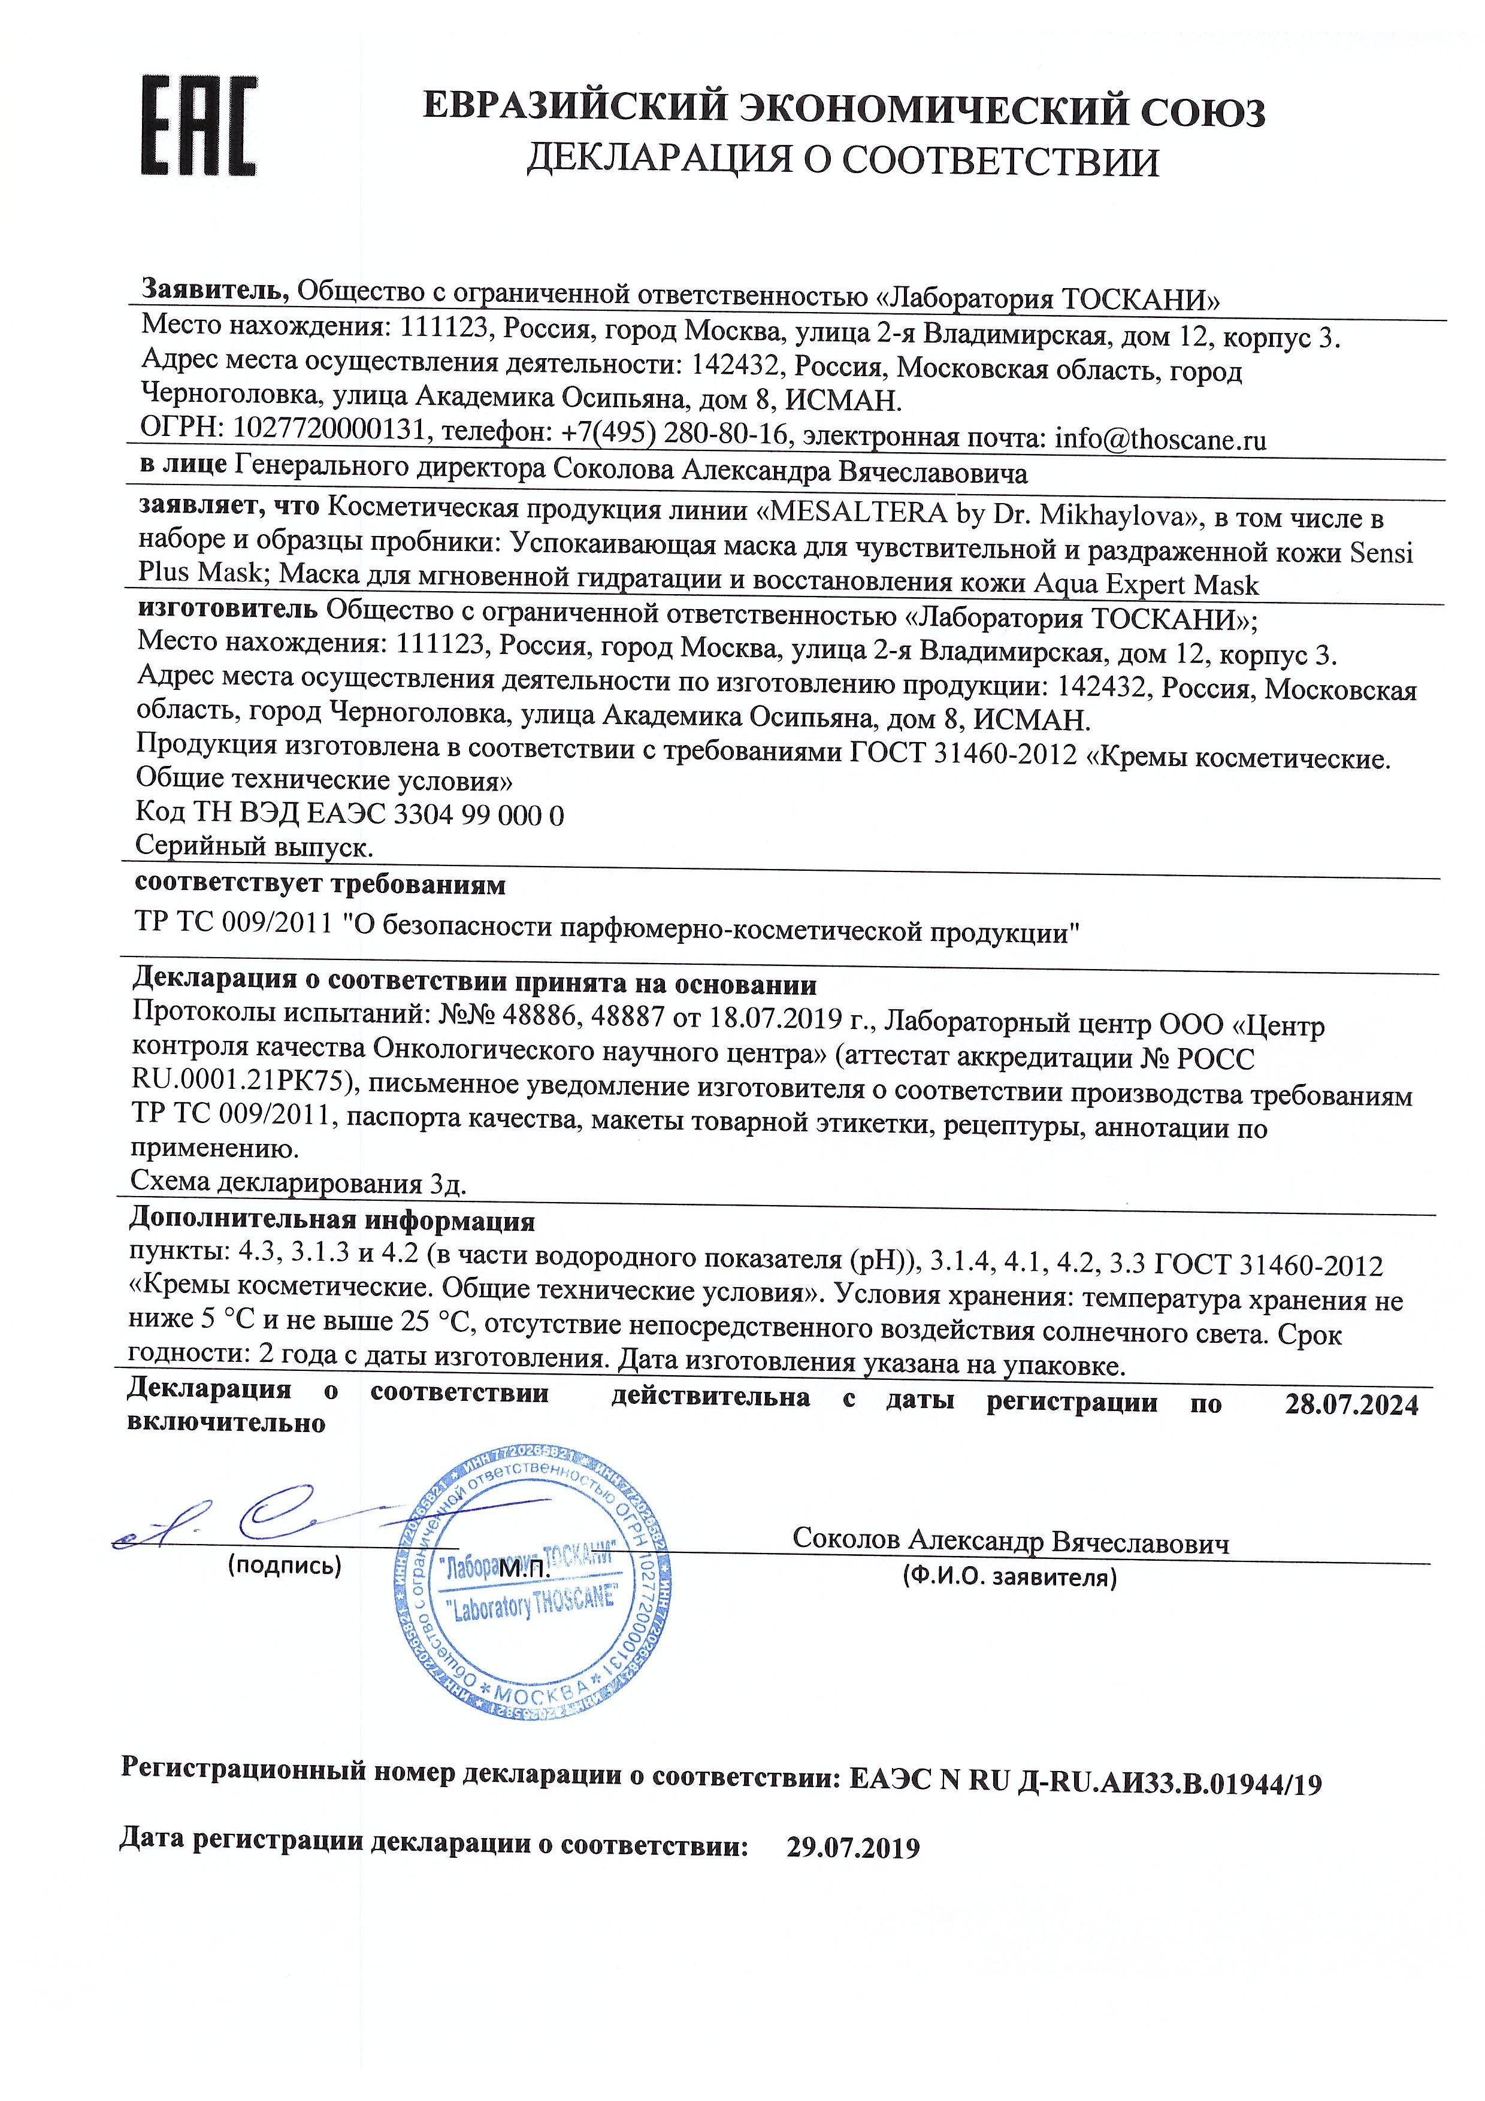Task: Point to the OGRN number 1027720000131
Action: [x=330, y=430]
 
